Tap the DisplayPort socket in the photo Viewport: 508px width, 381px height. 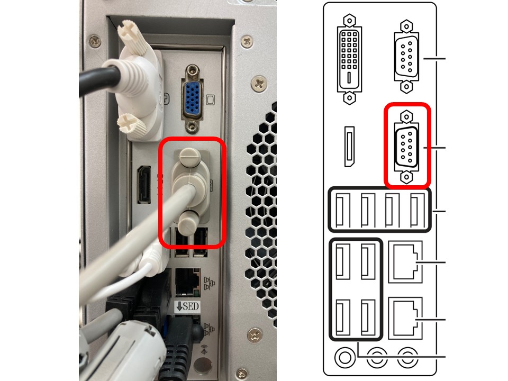point(144,185)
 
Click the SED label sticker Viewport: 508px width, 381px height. point(187,306)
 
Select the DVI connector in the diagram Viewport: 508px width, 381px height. point(349,59)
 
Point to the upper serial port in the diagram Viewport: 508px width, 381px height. point(406,57)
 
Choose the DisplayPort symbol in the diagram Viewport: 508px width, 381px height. point(349,147)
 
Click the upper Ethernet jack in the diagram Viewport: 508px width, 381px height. point(405,262)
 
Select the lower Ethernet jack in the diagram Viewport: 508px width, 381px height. point(405,318)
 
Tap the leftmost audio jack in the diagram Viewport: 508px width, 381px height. point(344,358)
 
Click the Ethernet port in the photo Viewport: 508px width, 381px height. point(187,282)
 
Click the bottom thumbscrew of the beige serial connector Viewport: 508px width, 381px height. point(187,223)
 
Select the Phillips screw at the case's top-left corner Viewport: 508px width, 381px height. point(95,41)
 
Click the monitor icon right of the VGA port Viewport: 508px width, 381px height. point(210,99)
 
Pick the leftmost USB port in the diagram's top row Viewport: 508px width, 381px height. point(343,210)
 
